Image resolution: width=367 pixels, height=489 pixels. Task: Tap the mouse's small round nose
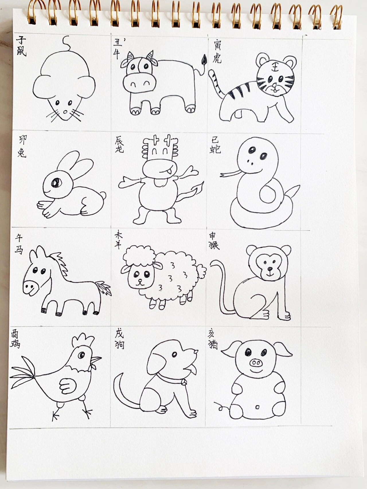[x=65, y=111]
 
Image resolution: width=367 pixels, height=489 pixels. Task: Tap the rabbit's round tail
[x=103, y=196]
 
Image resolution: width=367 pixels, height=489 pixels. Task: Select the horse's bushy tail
[x=104, y=288]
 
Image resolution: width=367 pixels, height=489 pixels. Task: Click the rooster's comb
[x=83, y=340]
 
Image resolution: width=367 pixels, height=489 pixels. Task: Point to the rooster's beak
[x=96, y=360]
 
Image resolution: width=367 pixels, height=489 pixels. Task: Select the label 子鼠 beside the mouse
[x=21, y=46]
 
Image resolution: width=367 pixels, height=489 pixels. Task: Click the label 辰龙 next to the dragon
[x=119, y=144]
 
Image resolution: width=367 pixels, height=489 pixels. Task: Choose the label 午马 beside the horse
[x=19, y=244]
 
